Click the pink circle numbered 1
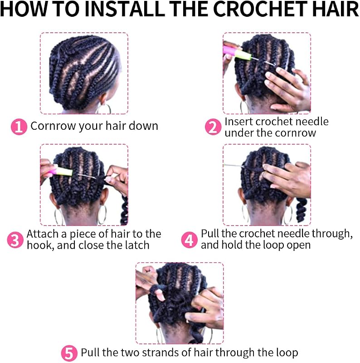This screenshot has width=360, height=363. [19, 127]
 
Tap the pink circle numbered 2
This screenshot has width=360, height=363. [213, 127]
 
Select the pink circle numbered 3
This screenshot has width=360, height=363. [15, 240]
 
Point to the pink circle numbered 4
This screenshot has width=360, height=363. [189, 240]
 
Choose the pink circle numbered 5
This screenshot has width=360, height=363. [69, 353]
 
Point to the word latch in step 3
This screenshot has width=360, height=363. [137, 245]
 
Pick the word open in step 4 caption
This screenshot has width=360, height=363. [299, 245]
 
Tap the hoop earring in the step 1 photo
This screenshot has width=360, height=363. [105, 108]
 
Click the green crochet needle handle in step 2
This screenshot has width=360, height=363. [243, 54]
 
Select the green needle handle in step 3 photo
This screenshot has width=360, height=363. [63, 171]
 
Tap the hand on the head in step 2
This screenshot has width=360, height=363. [288, 88]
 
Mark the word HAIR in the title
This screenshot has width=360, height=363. [340, 9]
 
